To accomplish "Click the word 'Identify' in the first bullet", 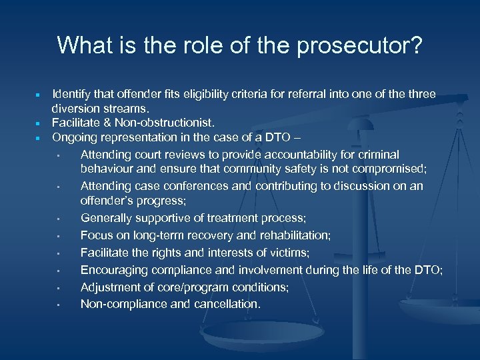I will [x=74, y=95].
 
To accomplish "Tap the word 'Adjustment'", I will [x=109, y=287].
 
